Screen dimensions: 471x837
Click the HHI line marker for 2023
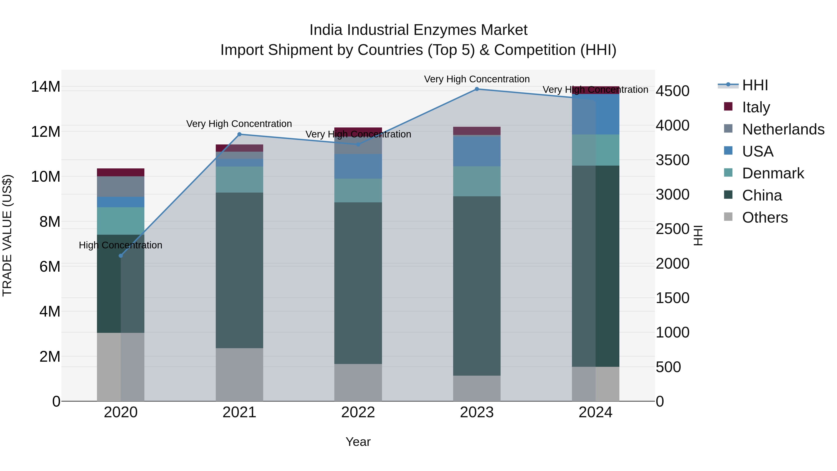[477, 89]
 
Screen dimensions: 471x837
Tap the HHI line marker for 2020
[120, 256]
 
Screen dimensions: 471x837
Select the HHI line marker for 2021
[239, 134]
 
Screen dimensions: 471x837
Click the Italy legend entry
[756, 107]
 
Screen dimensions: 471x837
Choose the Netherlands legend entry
[783, 129]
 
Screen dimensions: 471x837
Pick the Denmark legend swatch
[728, 173]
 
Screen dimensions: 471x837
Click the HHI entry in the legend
[755, 85]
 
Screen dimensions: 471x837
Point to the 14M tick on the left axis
[46, 87]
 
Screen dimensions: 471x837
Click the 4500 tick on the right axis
[672, 91]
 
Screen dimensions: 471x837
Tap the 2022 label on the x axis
[358, 412]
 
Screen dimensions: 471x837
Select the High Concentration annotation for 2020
[120, 245]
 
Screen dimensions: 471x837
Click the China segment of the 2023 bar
[477, 286]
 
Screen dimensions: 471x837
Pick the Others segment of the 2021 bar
[239, 374]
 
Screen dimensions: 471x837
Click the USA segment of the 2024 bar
[596, 114]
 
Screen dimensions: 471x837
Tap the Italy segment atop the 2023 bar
[477, 131]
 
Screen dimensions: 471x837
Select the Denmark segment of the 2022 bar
[358, 190]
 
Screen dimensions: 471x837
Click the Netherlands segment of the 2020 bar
[120, 187]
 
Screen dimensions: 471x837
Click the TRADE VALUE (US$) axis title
[7, 235]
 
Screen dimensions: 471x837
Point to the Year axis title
[358, 442]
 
